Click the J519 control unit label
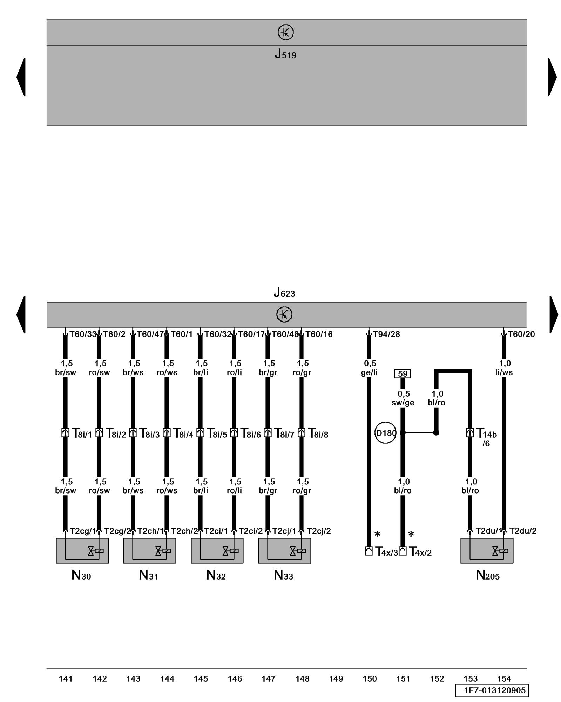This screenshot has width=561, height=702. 285,54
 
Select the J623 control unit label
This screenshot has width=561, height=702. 284,292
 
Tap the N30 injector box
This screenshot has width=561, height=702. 82,551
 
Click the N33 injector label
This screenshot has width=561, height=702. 283,575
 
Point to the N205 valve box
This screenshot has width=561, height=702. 487,551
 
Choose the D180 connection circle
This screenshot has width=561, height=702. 385,433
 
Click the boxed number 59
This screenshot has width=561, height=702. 403,373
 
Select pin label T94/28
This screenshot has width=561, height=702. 386,334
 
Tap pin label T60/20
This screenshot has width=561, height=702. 521,334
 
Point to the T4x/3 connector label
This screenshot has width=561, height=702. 386,552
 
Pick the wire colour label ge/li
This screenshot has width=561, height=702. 369,372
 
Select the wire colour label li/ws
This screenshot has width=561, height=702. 504,372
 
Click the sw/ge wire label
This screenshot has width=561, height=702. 403,403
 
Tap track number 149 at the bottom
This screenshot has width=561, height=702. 336,679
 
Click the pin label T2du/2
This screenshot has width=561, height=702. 523,531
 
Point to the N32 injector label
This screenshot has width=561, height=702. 216,575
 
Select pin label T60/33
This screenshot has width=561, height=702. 83,334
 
